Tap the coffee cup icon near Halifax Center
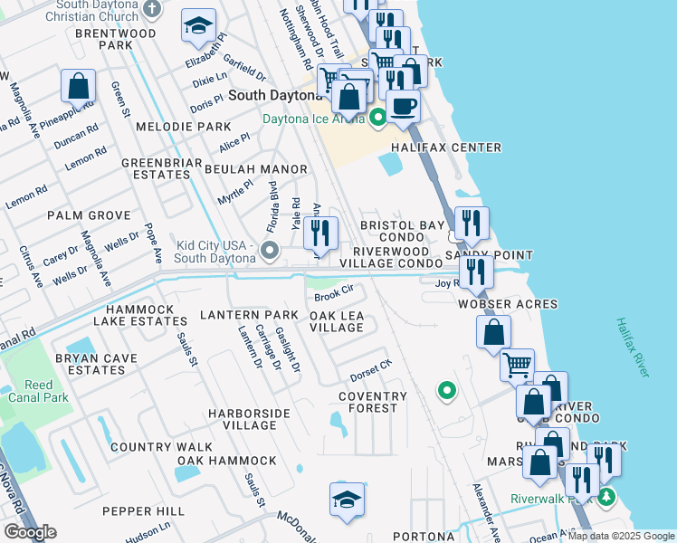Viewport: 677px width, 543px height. coord(404,106)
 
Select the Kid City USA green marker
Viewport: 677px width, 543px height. coord(269,249)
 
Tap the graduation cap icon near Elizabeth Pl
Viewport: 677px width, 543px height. coord(198,27)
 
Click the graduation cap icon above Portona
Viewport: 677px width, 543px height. coord(347,500)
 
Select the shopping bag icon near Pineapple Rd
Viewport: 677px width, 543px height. coord(79,87)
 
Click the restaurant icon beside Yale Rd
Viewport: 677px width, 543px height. coord(320,234)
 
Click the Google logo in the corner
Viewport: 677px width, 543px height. coord(30,532)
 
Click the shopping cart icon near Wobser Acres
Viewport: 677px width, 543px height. coord(517,366)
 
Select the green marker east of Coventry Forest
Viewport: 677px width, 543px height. coord(446,391)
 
